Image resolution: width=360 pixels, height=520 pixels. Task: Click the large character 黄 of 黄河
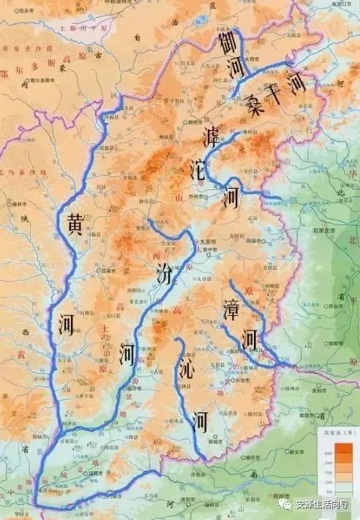[x=75, y=223]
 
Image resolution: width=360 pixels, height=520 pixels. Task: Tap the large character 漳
[x=231, y=311]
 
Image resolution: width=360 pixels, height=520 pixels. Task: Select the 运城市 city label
[x=96, y=473]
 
